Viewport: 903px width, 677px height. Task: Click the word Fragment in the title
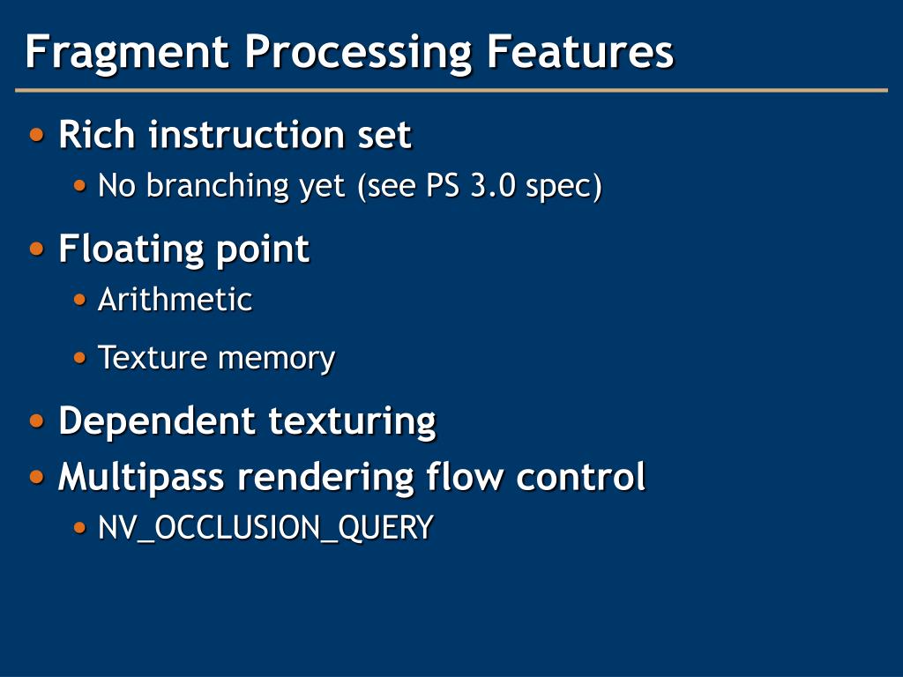[127, 51]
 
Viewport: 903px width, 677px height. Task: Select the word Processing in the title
[358, 51]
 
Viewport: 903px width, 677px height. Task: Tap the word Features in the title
[580, 51]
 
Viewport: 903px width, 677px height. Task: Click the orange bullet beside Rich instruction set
[37, 136]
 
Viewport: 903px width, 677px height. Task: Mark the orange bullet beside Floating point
[37, 249]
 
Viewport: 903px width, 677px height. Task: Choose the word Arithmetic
[175, 300]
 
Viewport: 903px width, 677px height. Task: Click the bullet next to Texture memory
[80, 358]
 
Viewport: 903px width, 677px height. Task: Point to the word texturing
[353, 420]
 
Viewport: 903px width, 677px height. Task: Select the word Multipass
[141, 478]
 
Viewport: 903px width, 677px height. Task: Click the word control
[581, 477]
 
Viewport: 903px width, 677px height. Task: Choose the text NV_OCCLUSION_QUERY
[265, 528]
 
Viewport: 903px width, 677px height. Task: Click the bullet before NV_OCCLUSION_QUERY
[80, 528]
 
